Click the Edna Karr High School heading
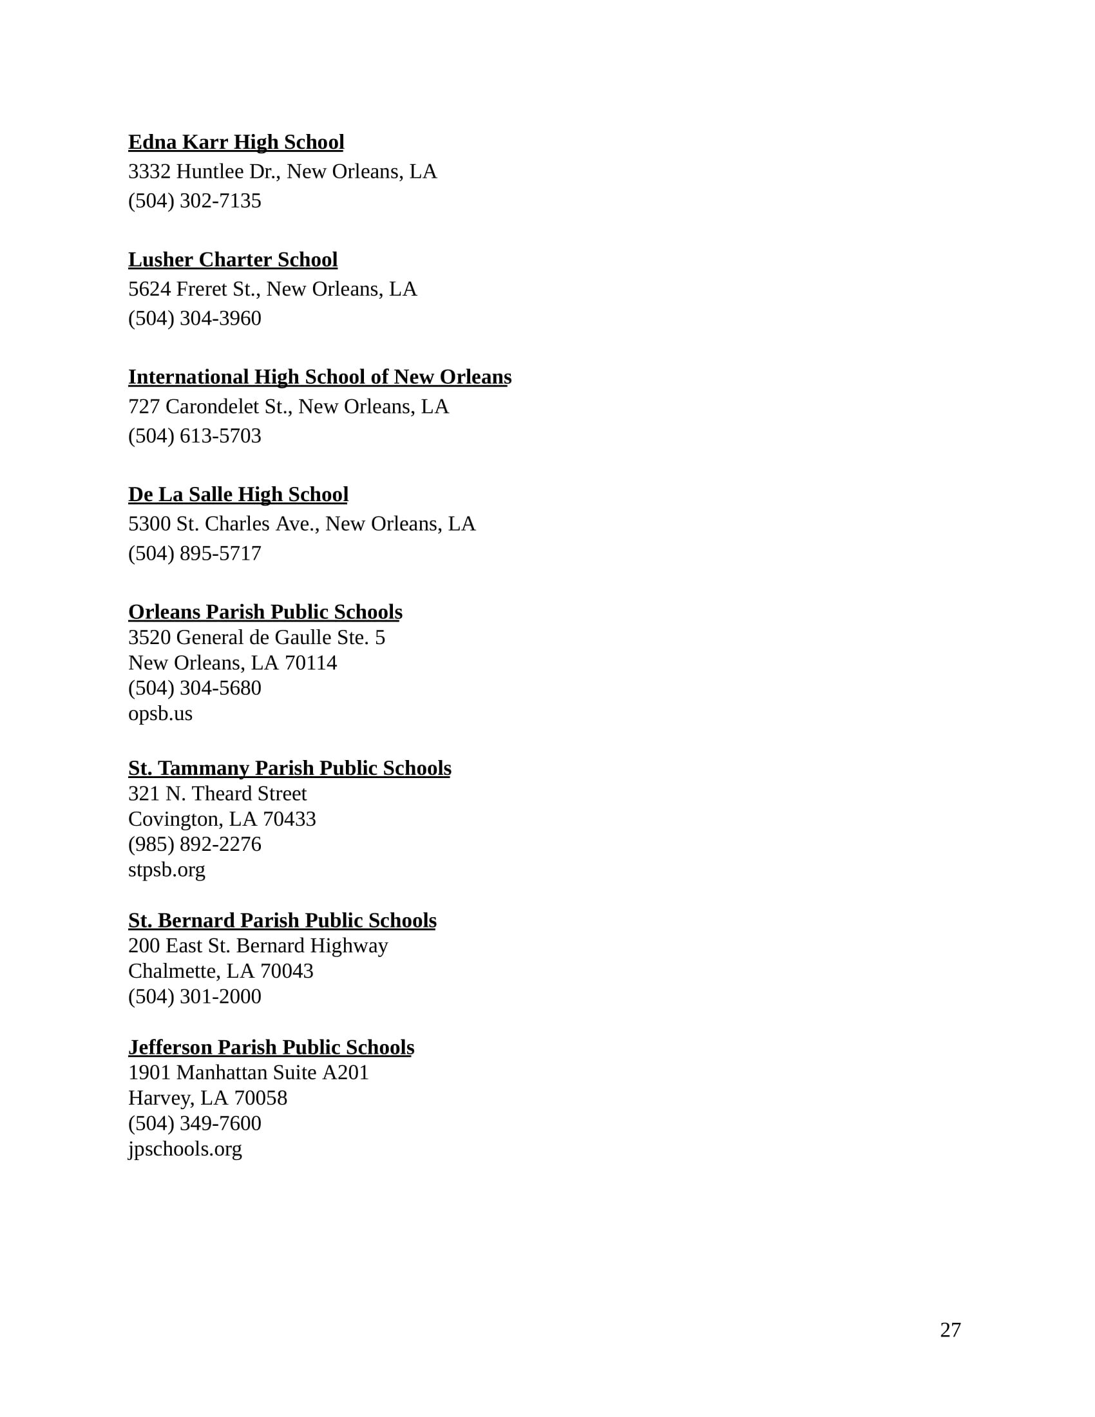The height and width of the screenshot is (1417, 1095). (x=236, y=142)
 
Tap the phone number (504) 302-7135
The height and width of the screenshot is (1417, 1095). (x=195, y=201)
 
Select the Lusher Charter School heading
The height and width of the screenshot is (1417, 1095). (x=233, y=260)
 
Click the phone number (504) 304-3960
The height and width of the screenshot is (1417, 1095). (x=195, y=319)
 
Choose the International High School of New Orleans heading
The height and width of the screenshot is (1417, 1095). (x=319, y=377)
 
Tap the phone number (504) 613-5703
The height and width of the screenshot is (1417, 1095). (x=195, y=436)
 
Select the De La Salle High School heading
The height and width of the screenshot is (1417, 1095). (x=238, y=495)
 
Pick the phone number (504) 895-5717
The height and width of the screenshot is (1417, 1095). (x=195, y=553)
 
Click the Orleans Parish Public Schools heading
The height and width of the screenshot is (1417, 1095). (x=265, y=612)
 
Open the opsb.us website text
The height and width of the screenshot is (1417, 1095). (x=160, y=714)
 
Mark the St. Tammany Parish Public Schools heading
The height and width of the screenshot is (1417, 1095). (x=289, y=768)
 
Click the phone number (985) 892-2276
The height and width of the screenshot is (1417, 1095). (x=195, y=844)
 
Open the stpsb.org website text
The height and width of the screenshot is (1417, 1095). (x=166, y=870)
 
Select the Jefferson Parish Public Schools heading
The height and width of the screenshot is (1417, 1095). (x=271, y=1047)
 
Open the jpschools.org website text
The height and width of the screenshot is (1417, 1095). (x=185, y=1149)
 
